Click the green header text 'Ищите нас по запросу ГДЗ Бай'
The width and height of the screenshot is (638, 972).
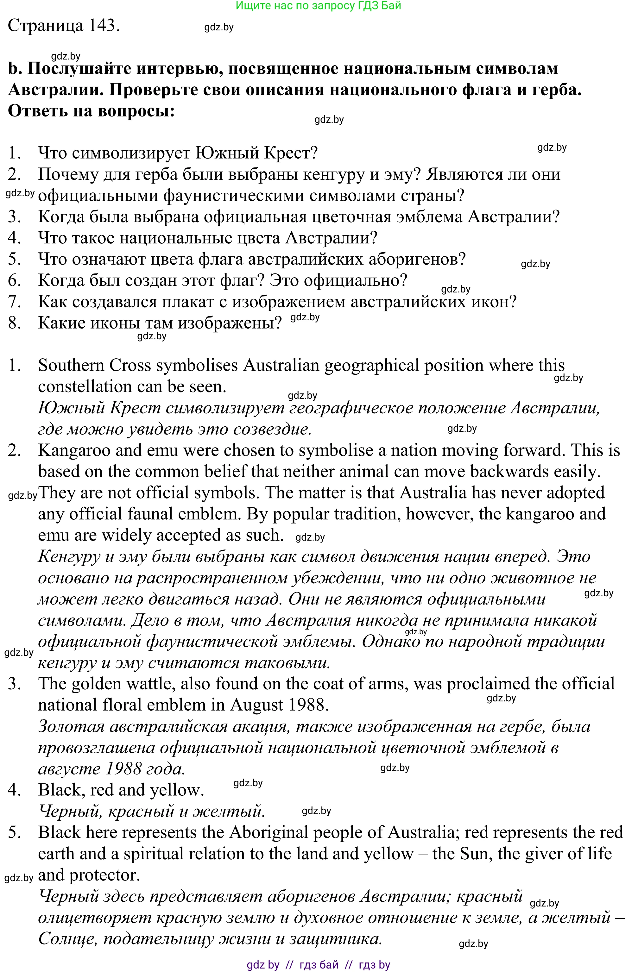319,6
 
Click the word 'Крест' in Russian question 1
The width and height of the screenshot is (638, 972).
290,153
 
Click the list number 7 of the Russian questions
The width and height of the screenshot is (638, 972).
14,302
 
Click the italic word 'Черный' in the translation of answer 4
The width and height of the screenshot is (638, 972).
69,812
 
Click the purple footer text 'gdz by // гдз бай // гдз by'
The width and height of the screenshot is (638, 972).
319,965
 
